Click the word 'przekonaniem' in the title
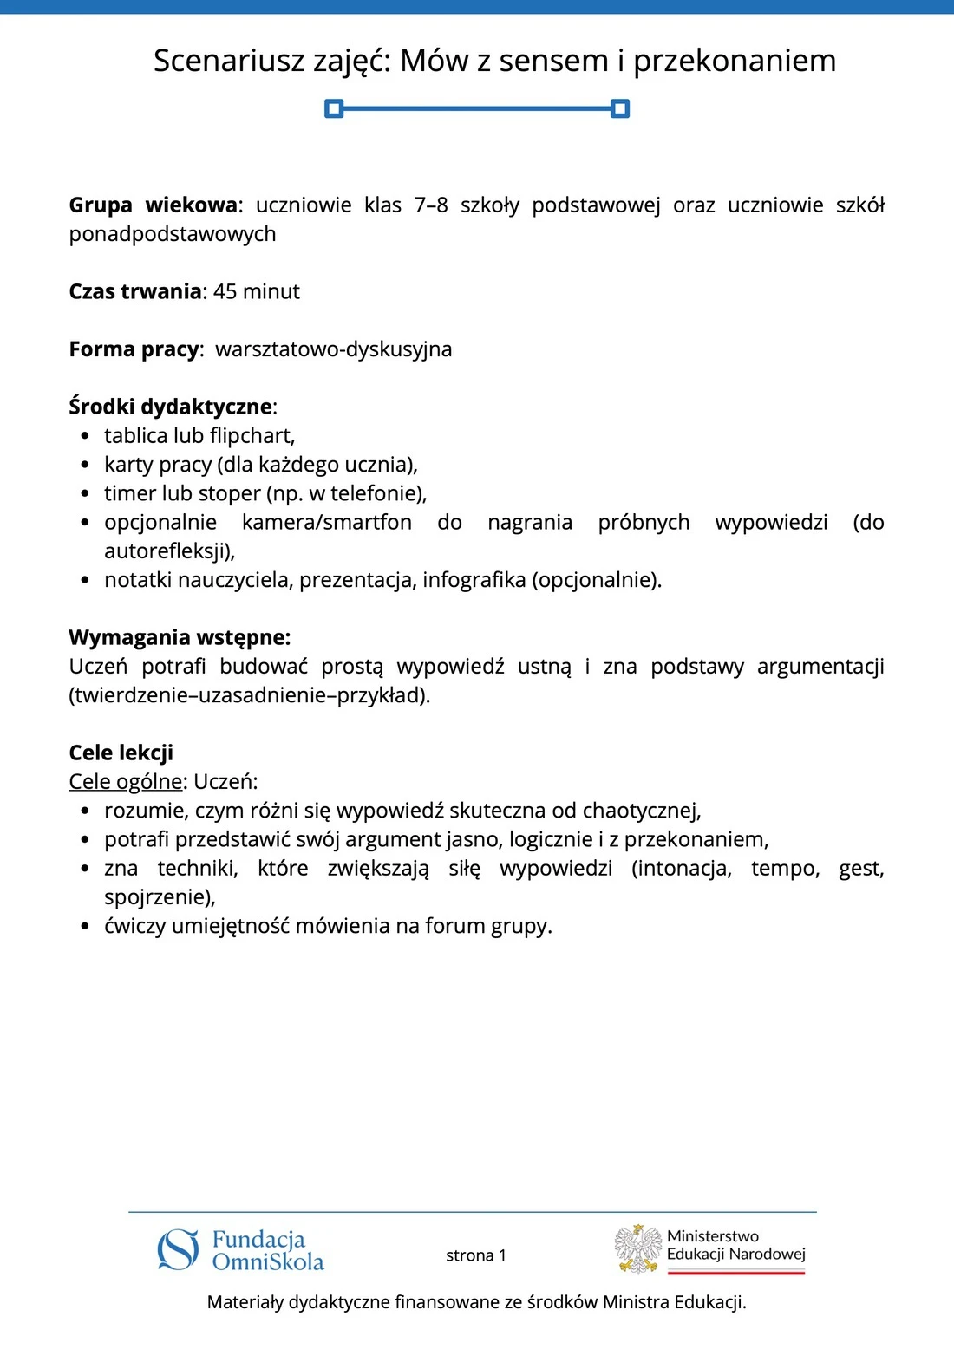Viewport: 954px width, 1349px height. click(735, 62)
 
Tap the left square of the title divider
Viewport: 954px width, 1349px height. click(334, 108)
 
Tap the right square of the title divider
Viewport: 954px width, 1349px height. click(620, 108)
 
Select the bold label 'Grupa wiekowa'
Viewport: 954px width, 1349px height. click(153, 205)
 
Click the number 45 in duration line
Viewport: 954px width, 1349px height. click(225, 291)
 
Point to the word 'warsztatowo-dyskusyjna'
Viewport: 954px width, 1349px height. click(333, 349)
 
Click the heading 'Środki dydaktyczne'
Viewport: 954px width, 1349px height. click(171, 407)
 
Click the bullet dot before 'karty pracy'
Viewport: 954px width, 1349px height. click(84, 465)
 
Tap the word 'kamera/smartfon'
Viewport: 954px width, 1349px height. click(327, 522)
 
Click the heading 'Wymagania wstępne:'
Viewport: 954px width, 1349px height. click(180, 637)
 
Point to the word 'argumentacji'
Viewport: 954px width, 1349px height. click(820, 666)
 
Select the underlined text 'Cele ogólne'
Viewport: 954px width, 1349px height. click(126, 781)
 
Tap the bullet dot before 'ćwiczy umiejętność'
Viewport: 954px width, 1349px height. click(84, 926)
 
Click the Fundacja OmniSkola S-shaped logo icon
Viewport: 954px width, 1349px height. click(179, 1250)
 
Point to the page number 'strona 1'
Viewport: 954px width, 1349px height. click(475, 1255)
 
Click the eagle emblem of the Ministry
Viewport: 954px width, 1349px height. click(638, 1249)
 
